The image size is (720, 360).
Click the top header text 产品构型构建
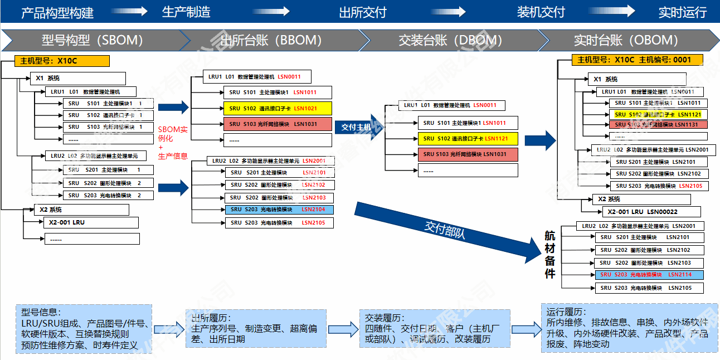[57, 12]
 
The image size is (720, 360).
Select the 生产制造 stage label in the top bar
[186, 12]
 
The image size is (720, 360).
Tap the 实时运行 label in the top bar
[682, 12]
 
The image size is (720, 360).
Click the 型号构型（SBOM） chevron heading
[93, 40]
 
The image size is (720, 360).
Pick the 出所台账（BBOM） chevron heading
[271, 40]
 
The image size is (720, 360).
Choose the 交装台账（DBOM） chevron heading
[450, 40]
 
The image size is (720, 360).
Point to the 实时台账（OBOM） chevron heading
[626, 40]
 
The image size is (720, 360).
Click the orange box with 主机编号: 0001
[637, 60]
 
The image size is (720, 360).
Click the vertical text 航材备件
[550, 255]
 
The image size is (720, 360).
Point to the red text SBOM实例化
[173, 133]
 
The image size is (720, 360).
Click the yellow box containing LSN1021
[278, 109]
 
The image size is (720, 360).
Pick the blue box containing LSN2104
[279, 210]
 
